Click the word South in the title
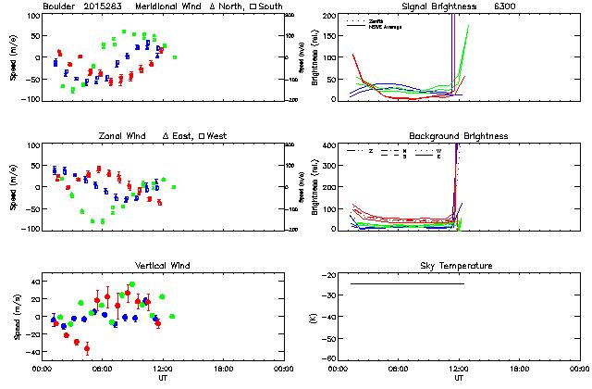point(270,6)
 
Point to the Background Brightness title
point(458,136)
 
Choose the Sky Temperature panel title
point(458,266)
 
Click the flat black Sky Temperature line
point(407,283)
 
